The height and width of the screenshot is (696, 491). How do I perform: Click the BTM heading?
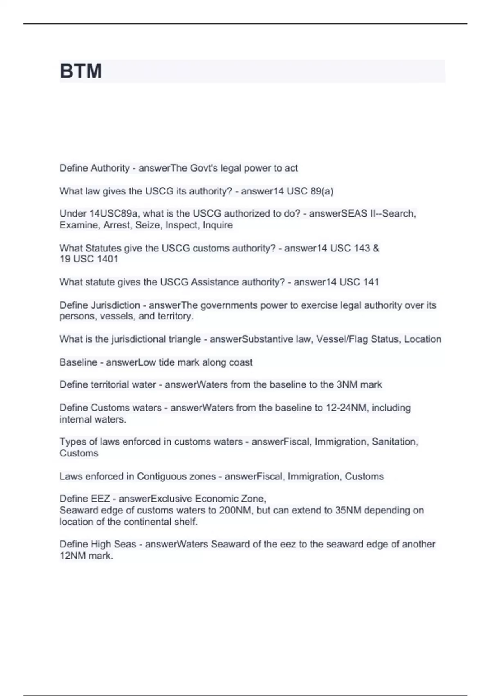coord(81,71)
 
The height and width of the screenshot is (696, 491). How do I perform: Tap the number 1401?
coord(108,259)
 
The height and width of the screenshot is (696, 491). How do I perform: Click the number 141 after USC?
coord(371,282)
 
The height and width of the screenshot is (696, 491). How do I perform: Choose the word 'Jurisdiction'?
coord(115,305)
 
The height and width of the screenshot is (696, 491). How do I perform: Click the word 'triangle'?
coord(185,339)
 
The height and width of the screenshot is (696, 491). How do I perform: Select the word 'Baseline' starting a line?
coord(78,362)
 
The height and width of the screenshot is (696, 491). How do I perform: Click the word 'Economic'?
coord(218,499)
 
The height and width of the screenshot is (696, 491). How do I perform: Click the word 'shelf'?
coord(187,522)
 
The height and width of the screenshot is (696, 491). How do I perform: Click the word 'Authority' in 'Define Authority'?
coord(110,168)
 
